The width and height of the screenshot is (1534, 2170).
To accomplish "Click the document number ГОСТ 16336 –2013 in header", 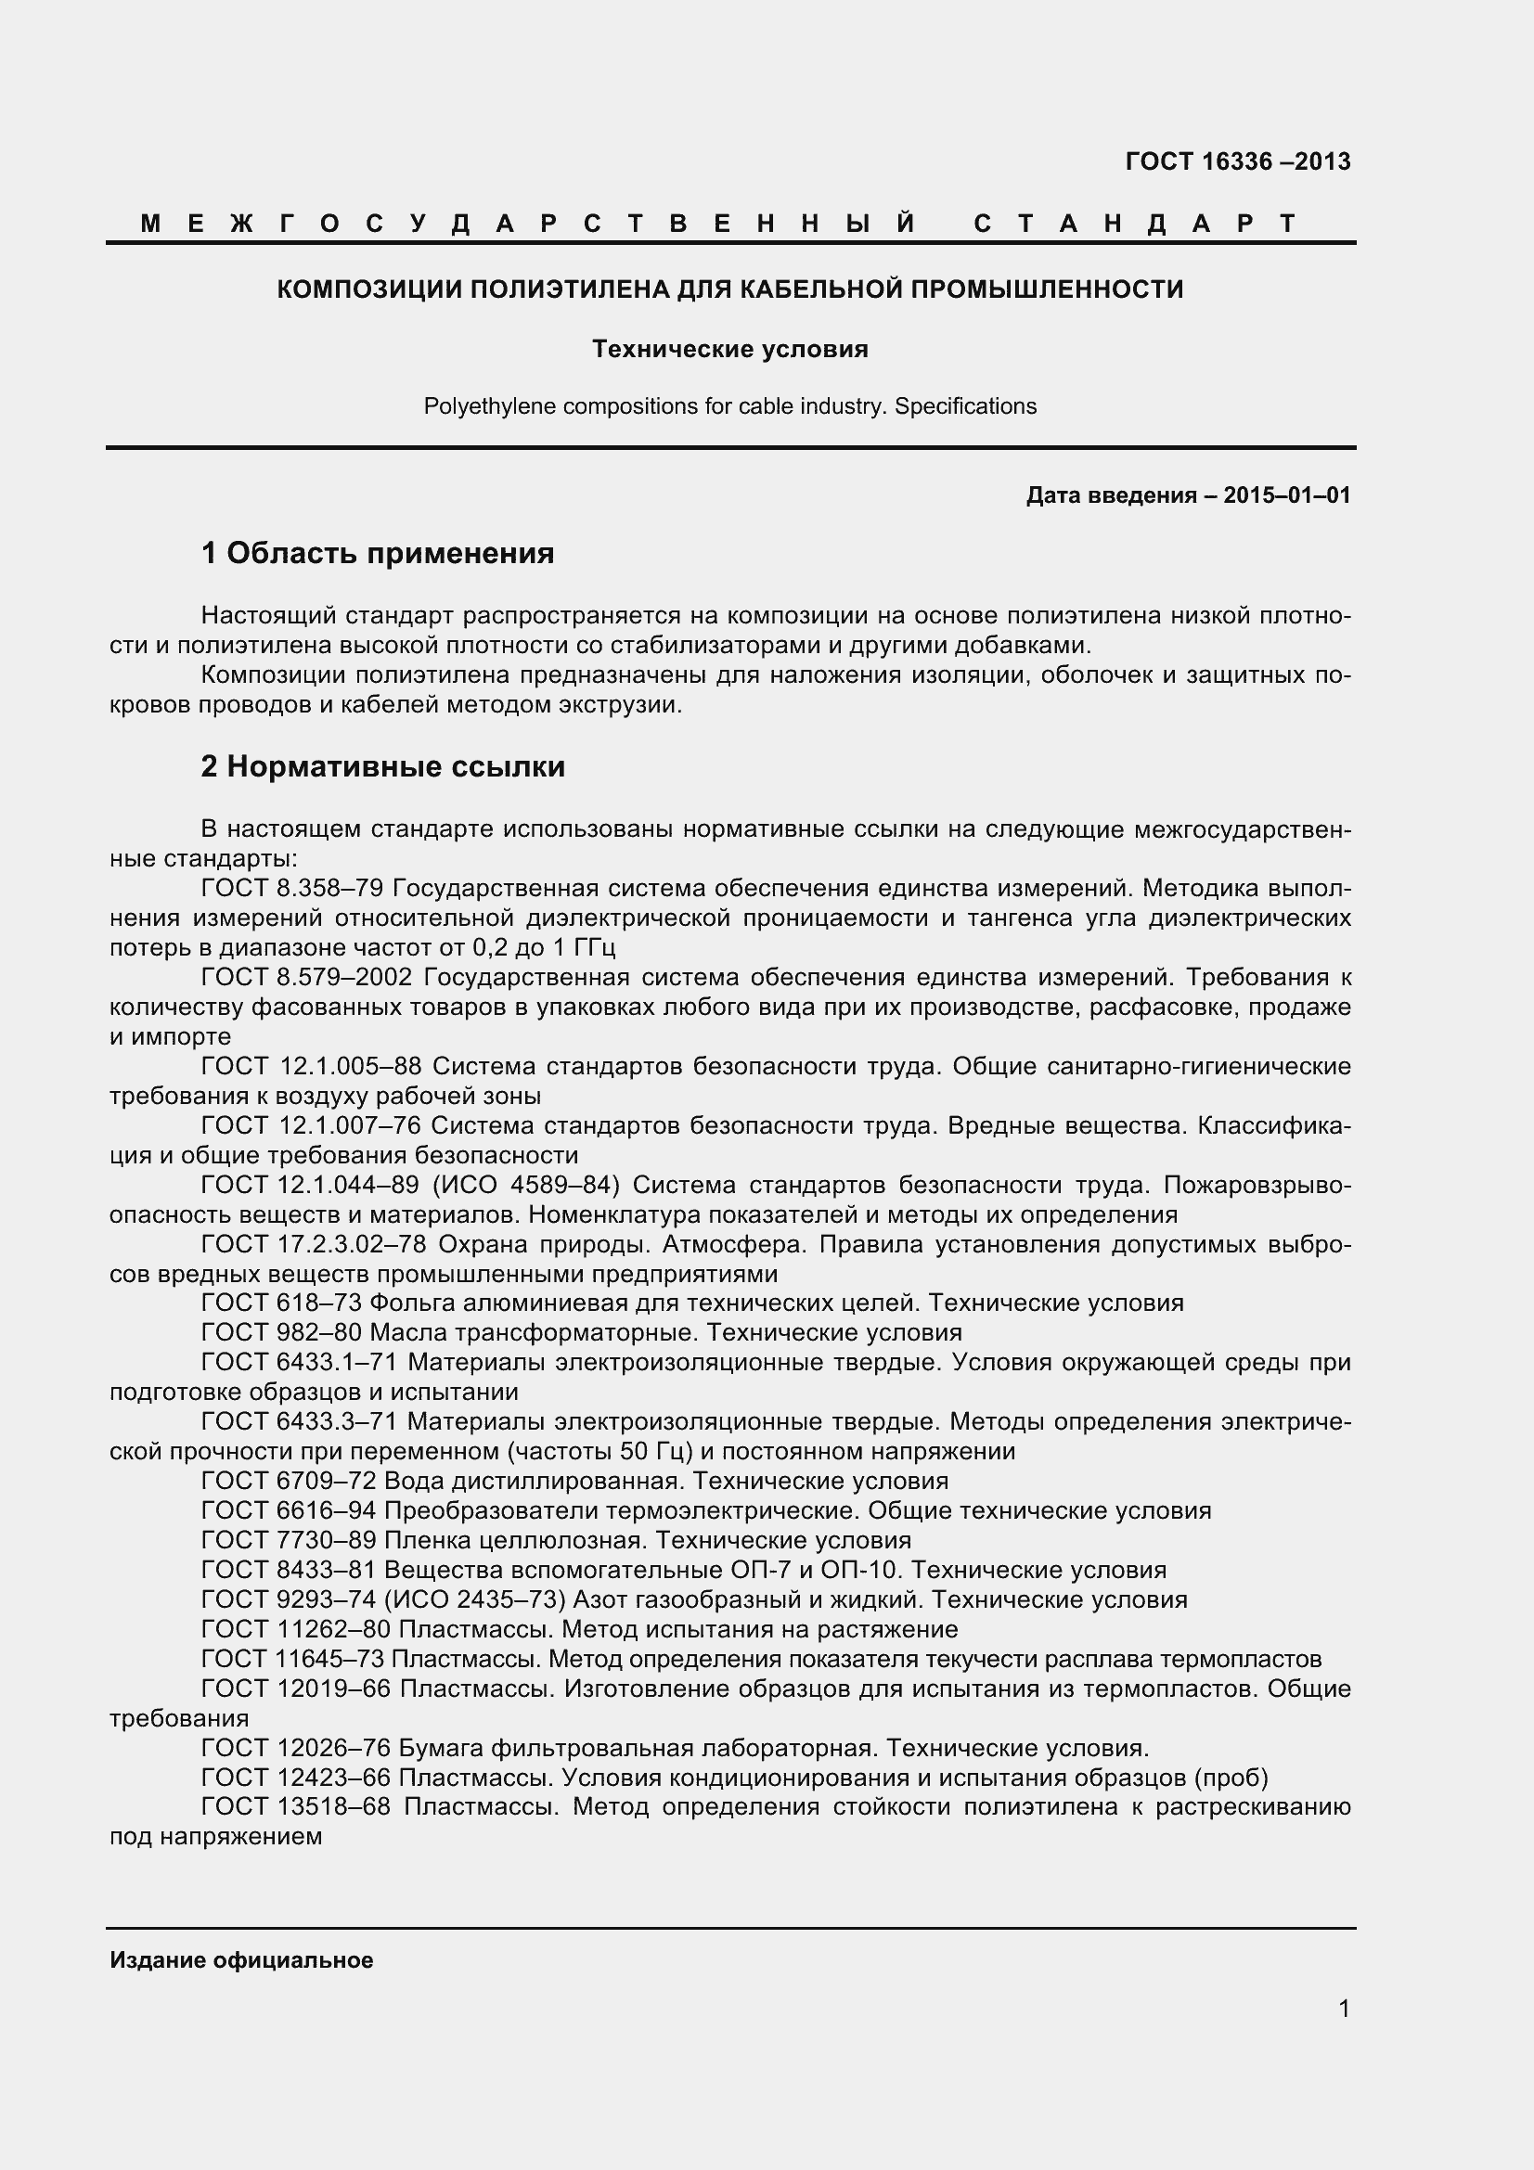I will coord(1237,161).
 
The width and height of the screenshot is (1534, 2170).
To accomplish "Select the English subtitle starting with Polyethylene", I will coord(729,406).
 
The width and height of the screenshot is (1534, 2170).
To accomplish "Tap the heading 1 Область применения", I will coord(377,553).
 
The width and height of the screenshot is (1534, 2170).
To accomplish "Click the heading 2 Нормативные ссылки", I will coord(382,766).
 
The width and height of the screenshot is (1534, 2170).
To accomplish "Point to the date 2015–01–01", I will coord(1286,495).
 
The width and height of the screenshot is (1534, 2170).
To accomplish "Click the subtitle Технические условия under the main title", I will coord(729,350).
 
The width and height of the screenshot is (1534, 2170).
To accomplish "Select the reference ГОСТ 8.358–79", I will coord(293,889).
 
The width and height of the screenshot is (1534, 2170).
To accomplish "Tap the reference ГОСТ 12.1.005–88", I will coord(313,1066).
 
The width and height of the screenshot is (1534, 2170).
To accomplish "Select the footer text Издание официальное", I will coord(241,1960).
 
